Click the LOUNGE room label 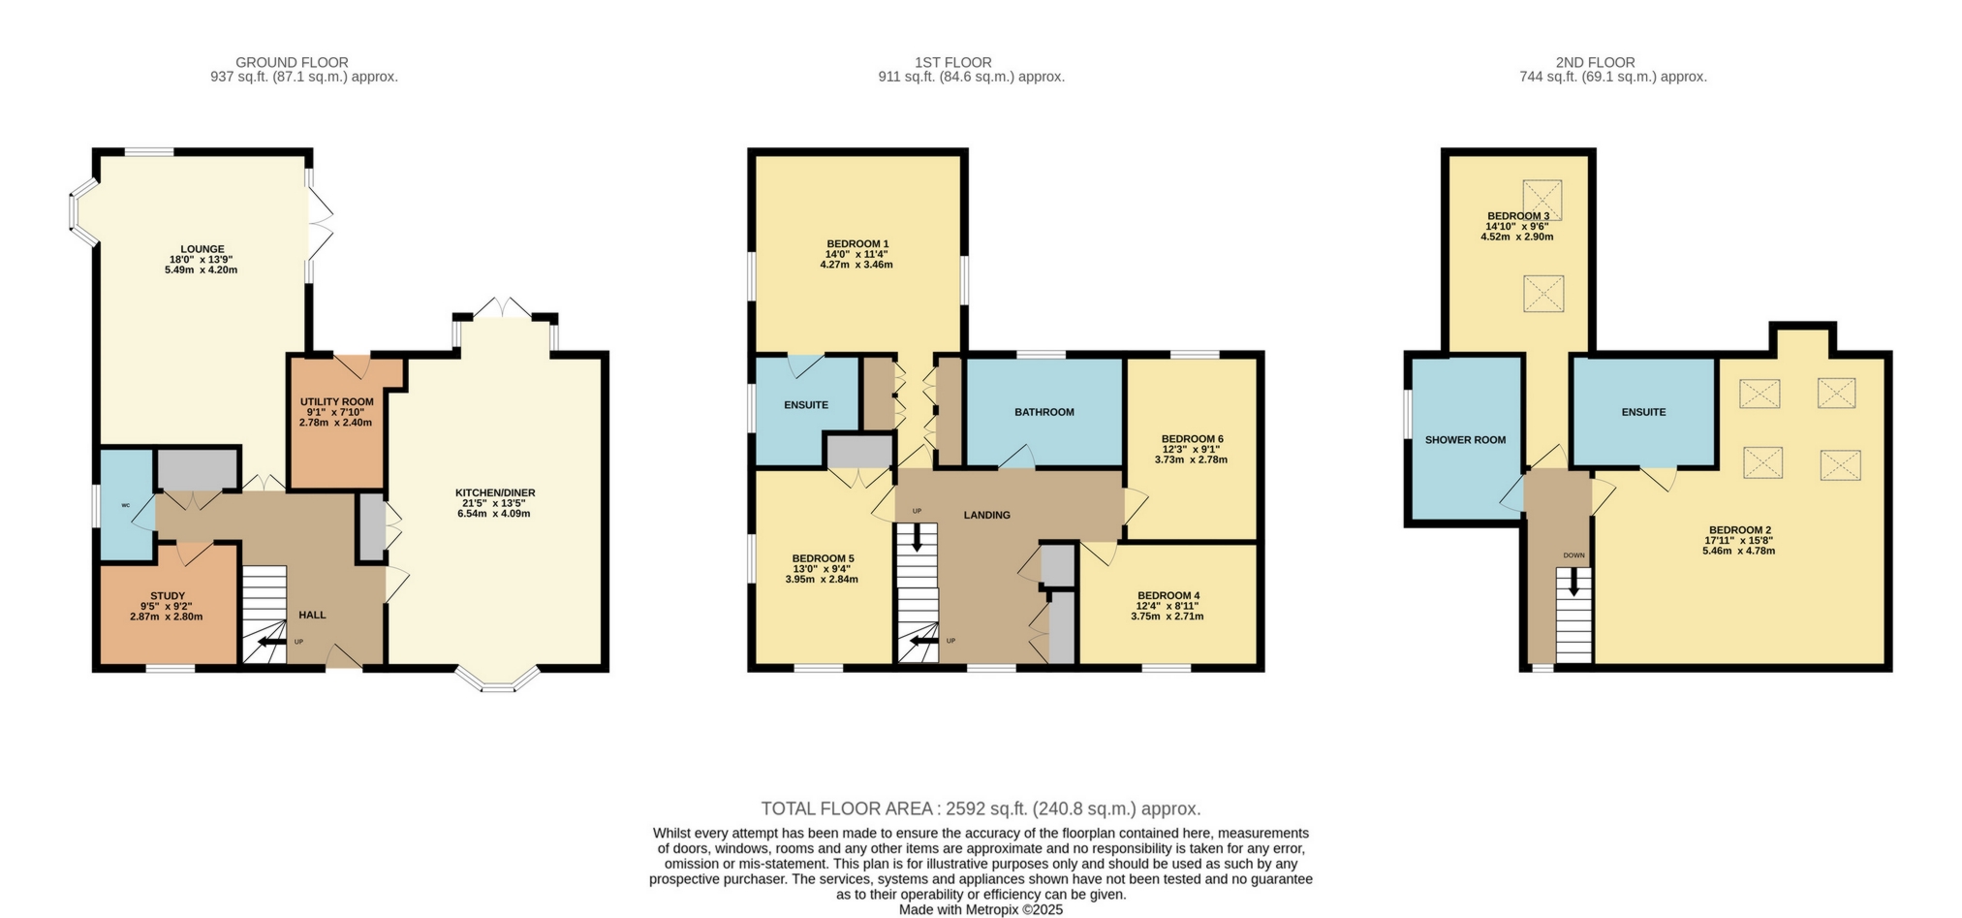click(202, 249)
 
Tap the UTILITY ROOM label click(336, 401)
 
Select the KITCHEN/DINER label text click(495, 492)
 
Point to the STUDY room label click(167, 596)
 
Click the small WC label click(126, 505)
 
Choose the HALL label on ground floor click(312, 615)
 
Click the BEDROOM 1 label click(856, 243)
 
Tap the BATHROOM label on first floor click(1043, 412)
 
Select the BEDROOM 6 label click(1192, 438)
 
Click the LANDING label click(986, 515)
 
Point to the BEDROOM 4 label click(1168, 595)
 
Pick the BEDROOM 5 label click(823, 558)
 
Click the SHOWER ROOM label click(1464, 440)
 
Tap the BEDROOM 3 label click(1517, 215)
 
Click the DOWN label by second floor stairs click(1573, 555)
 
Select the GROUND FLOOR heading click(292, 62)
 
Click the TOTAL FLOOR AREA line click(981, 808)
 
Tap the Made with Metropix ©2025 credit click(981, 909)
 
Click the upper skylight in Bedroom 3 click(1542, 199)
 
